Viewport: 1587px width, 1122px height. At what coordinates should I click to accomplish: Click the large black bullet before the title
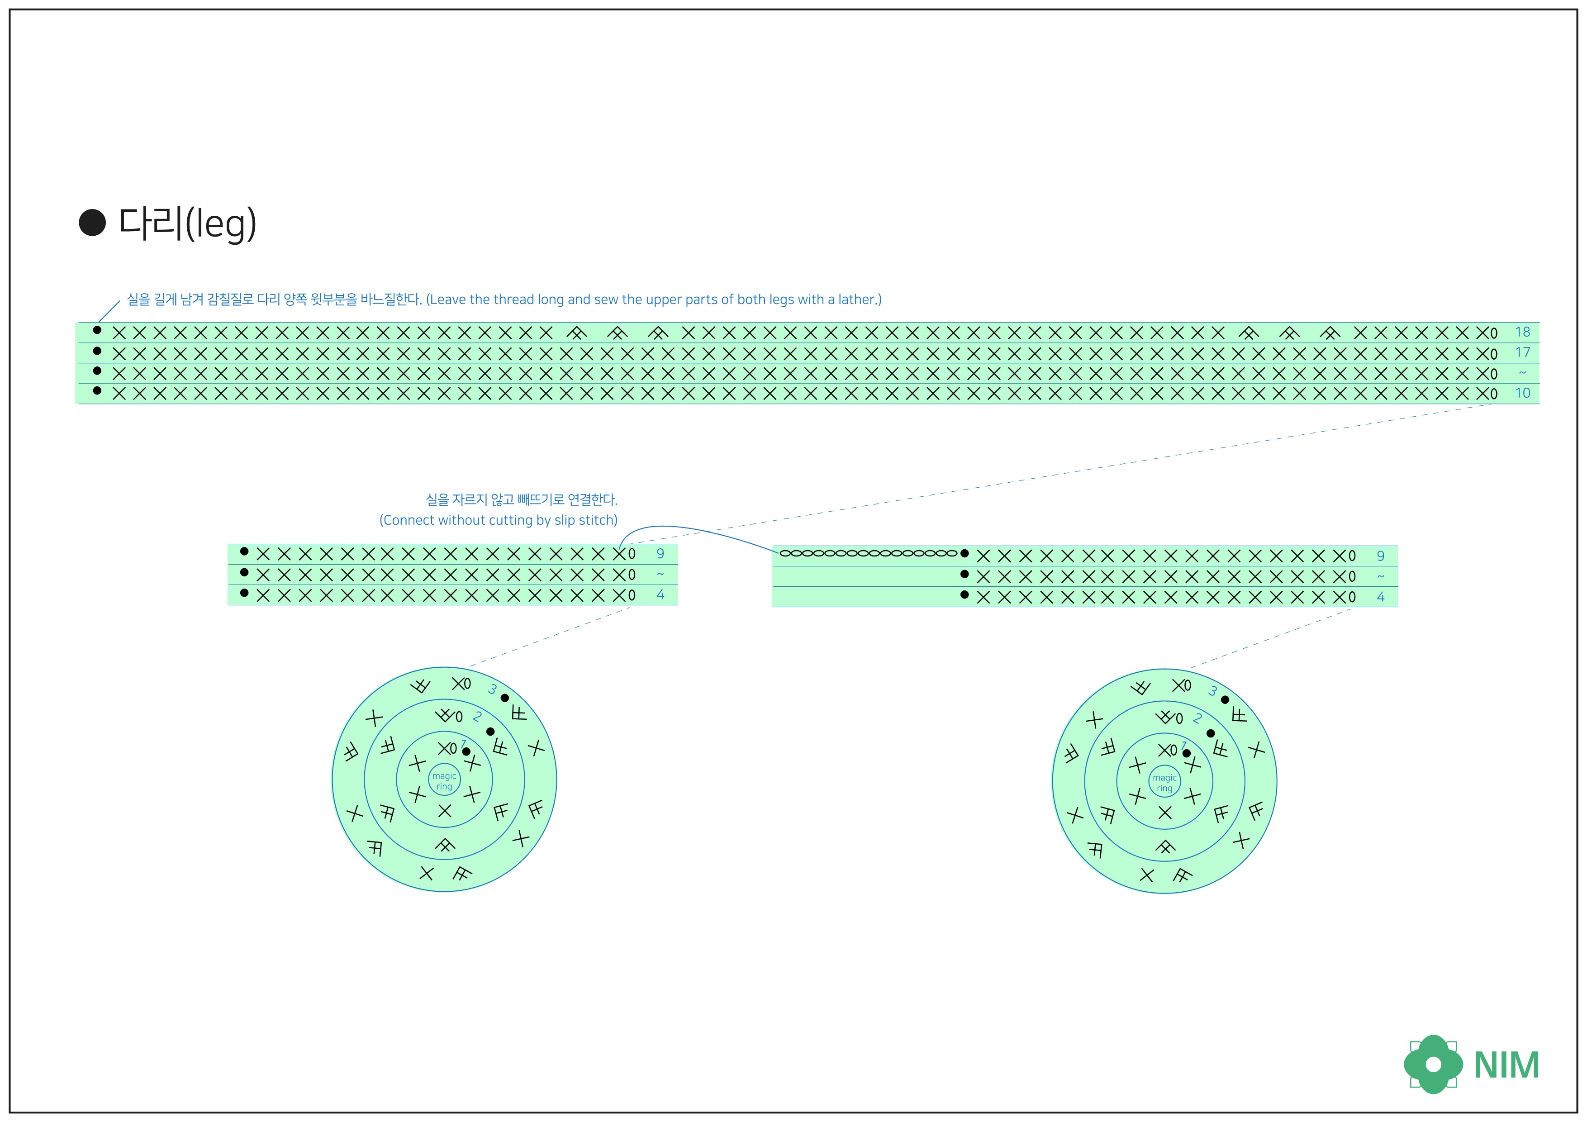pos(92,223)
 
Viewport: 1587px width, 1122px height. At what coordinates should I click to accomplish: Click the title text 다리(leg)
pos(188,223)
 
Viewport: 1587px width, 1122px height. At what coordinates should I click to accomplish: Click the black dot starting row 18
pos(97,330)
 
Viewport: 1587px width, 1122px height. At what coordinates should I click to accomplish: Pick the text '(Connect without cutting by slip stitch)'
pos(499,520)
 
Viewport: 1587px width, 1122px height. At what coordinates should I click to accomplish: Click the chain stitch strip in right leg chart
pos(868,553)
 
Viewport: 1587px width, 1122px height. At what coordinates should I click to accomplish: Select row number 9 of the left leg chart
pos(660,554)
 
